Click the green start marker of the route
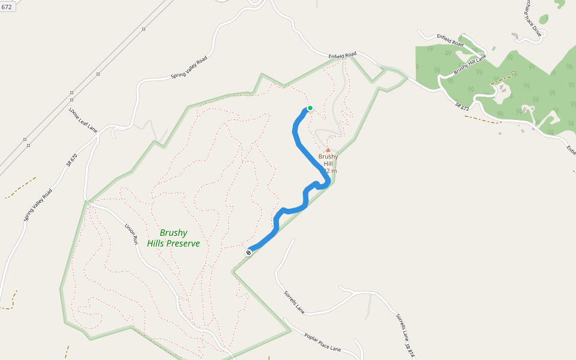tap(310, 108)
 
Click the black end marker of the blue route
tap(248, 253)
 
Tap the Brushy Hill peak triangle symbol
tap(328, 150)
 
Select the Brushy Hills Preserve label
tap(173, 238)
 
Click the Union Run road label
tap(131, 234)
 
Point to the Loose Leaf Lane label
tap(82, 120)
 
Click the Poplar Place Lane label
tap(323, 341)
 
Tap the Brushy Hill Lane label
tap(469, 64)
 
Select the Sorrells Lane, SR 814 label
tap(405, 335)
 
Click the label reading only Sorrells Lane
tap(295, 302)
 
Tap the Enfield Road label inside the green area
tap(450, 40)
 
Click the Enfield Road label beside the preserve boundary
tap(343, 55)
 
